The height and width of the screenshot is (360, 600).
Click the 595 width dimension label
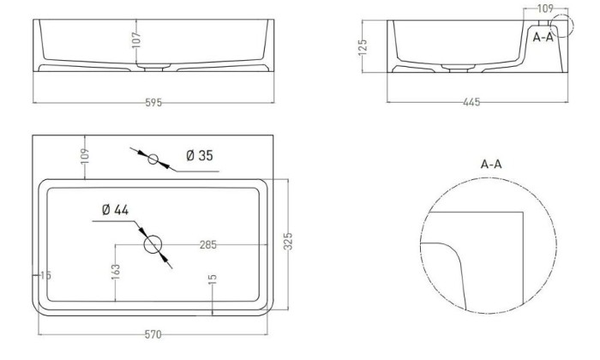pyautogui.click(x=153, y=103)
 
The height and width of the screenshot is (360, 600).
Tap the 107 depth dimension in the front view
pyautogui.click(x=136, y=40)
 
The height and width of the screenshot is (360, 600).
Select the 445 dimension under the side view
pyautogui.click(x=471, y=102)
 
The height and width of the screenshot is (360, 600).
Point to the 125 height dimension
pyautogui.click(x=363, y=47)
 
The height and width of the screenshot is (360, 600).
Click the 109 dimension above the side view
pyautogui.click(x=545, y=9)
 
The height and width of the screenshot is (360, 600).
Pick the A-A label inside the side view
pyautogui.click(x=543, y=37)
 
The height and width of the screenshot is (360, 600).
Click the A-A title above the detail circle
pyautogui.click(x=491, y=164)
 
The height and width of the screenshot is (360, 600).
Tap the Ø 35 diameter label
pyautogui.click(x=200, y=155)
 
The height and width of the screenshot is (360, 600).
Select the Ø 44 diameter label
pyautogui.click(x=115, y=210)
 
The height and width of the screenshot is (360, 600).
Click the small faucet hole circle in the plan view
pyautogui.click(x=153, y=159)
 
